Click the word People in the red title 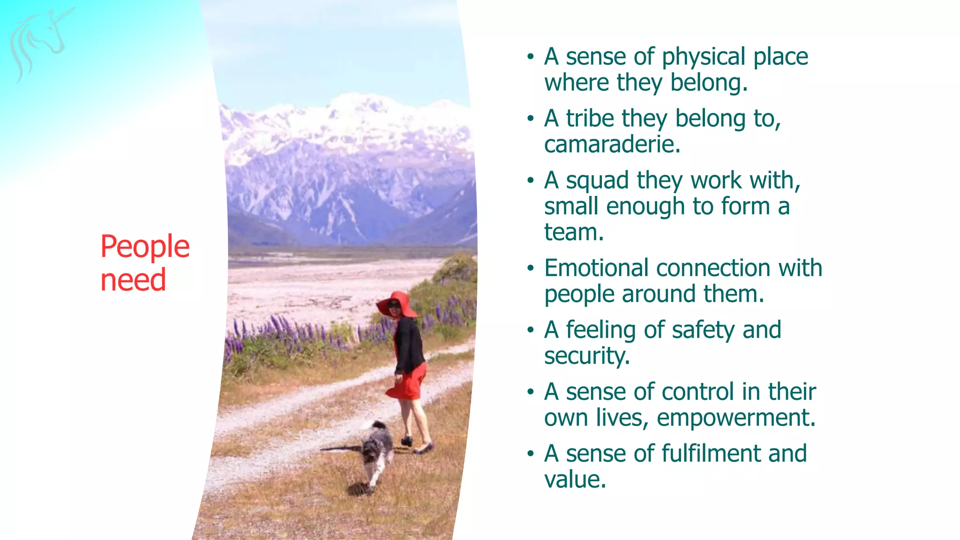(x=145, y=247)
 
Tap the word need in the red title (x=133, y=280)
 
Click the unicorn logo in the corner (x=40, y=42)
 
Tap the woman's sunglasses (x=394, y=305)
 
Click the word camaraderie (x=612, y=144)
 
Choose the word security (x=586, y=356)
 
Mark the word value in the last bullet (x=575, y=480)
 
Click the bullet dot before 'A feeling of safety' (x=530, y=330)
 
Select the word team (x=574, y=232)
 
